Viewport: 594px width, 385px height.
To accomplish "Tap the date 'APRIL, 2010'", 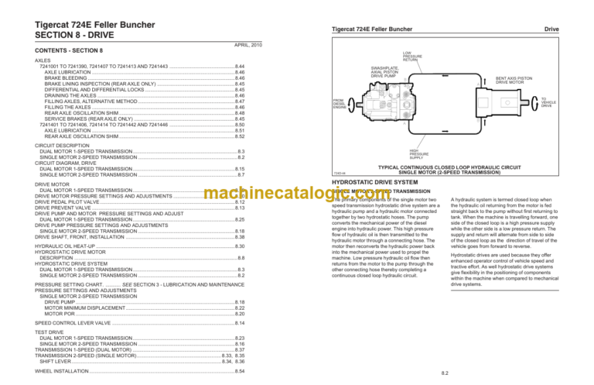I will click(x=247, y=45).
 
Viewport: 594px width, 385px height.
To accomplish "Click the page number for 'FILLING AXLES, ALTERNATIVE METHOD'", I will click(x=240, y=101).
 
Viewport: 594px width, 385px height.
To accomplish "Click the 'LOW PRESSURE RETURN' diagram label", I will click(x=412, y=56).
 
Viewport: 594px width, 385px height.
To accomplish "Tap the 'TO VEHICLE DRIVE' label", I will click(x=548, y=101).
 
